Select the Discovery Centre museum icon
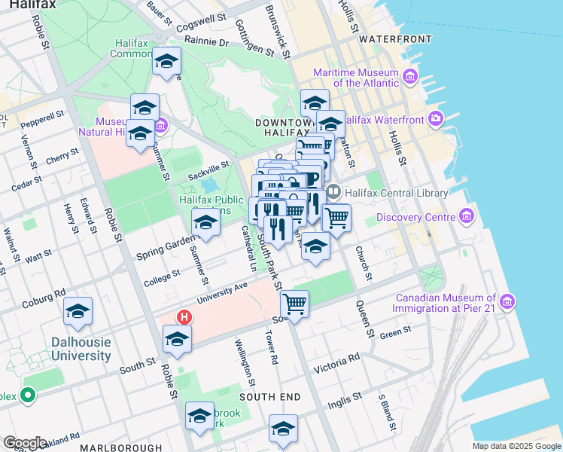(467, 218)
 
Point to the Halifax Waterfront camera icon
(436, 118)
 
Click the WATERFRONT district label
(395, 38)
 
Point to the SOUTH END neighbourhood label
(270, 396)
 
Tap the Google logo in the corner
(25, 443)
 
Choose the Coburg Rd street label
(44, 298)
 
